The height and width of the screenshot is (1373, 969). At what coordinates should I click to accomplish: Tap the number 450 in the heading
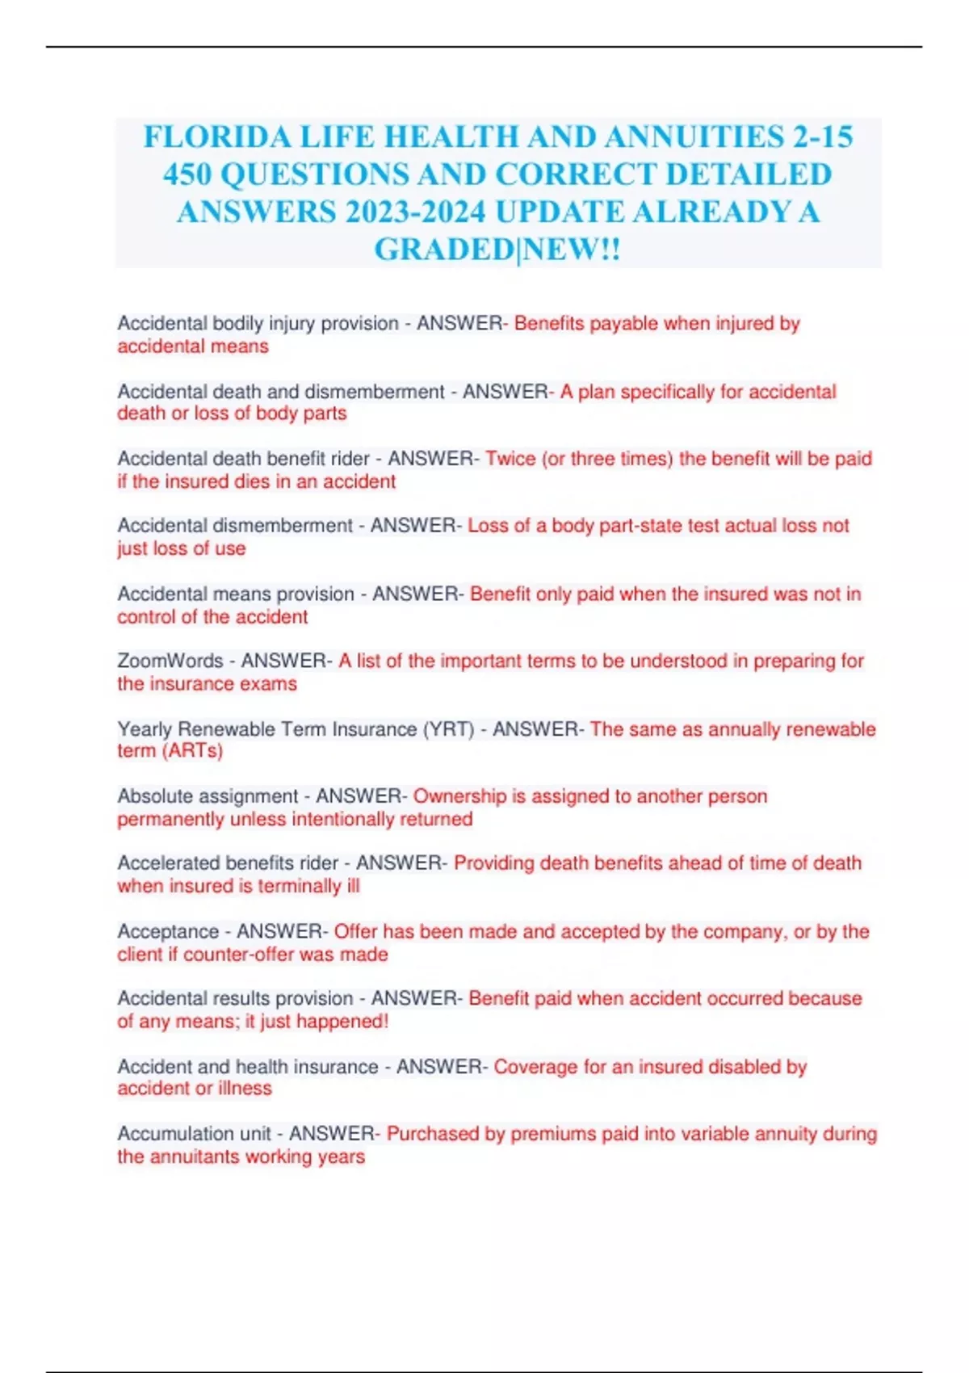[x=187, y=174]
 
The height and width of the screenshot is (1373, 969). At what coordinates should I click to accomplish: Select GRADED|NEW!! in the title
[x=497, y=250]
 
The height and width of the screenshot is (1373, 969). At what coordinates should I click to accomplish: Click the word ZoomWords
[x=170, y=661]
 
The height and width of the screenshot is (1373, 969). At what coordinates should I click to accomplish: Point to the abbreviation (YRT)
[x=449, y=729]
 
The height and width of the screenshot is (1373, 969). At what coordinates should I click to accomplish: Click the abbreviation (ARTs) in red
[x=192, y=751]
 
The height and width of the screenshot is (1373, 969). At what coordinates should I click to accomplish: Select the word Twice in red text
[x=510, y=459]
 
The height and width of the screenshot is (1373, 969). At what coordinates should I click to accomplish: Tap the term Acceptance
[x=168, y=931]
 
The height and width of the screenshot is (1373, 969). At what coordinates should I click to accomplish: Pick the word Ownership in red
[x=459, y=796]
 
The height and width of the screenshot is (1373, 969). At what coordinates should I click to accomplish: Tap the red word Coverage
[x=536, y=1067]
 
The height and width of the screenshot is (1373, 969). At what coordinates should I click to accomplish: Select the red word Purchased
[x=433, y=1134]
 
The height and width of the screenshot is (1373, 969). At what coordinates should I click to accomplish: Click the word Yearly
[x=145, y=729]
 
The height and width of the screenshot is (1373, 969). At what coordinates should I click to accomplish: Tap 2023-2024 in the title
[x=414, y=212]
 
